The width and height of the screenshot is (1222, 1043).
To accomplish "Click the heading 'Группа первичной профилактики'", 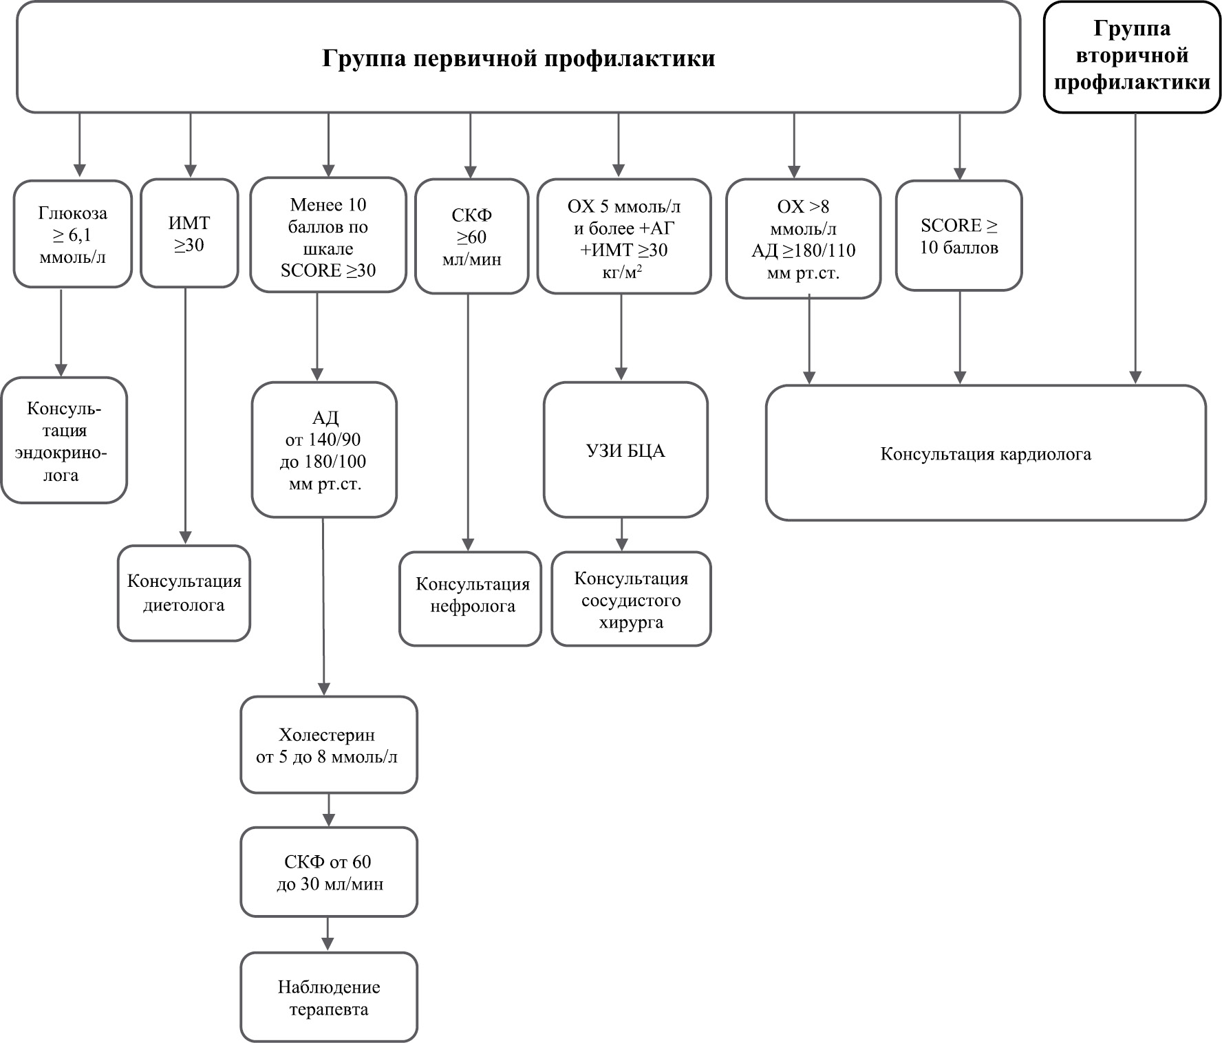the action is (519, 58).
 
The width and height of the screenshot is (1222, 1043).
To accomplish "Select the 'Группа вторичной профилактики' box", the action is (1132, 57).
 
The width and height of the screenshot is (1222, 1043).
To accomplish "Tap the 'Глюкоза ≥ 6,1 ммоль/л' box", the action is (72, 234).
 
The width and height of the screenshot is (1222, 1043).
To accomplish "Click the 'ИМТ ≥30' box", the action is (189, 233).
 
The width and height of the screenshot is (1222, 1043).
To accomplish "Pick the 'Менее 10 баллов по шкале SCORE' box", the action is (328, 235).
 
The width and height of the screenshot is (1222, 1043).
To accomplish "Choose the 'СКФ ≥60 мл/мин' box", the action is (471, 237).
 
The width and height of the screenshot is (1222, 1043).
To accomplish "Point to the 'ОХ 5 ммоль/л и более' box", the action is (623, 237).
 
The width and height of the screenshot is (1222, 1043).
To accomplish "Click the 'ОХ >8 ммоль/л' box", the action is (803, 239).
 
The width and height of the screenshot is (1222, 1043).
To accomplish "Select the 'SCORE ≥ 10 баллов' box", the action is (958, 235).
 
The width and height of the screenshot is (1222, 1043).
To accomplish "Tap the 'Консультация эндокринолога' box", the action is (64, 440).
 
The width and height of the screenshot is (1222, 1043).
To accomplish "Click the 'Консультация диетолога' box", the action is (184, 593).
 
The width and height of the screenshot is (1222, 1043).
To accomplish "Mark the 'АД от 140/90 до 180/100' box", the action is (324, 450).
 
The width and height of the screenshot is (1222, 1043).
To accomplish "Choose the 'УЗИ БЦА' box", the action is (625, 450).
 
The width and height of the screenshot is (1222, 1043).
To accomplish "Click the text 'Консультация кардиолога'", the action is (985, 454).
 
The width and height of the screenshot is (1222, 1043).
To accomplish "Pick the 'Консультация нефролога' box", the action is (471, 599).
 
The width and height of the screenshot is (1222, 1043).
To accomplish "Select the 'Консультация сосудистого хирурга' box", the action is (631, 599).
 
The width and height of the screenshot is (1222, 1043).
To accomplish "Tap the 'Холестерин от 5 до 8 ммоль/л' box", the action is (329, 745).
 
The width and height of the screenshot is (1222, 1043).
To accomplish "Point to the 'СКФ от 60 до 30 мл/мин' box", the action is (329, 872).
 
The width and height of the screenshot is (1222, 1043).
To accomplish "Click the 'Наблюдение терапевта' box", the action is (329, 997).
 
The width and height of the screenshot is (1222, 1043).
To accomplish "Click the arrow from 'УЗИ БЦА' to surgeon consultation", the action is (622, 534).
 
